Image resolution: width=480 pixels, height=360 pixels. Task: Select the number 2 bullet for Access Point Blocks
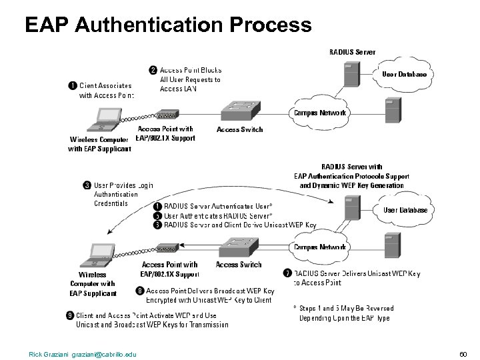[153, 69]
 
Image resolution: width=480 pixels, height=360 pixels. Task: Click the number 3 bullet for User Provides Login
[87, 185]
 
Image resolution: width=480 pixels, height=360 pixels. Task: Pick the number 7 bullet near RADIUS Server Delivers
[287, 273]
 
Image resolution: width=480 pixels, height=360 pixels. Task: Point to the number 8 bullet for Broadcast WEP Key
[139, 291]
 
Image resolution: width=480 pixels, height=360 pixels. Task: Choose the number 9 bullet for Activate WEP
[70, 315]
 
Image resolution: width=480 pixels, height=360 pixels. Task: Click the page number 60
[464, 353]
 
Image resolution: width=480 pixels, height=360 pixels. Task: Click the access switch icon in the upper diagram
[241, 109]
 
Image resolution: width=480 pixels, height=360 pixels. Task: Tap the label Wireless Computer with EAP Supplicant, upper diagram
[100, 144]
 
